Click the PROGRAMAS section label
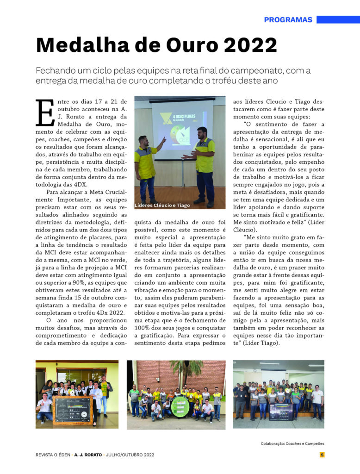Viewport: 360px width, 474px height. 288,20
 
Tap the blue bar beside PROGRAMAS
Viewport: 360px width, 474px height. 338,20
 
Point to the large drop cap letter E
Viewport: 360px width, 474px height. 45,112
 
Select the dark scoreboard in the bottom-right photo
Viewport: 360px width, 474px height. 281,411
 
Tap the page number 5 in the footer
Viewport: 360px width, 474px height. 322,455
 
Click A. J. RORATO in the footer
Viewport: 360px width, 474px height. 89,455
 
